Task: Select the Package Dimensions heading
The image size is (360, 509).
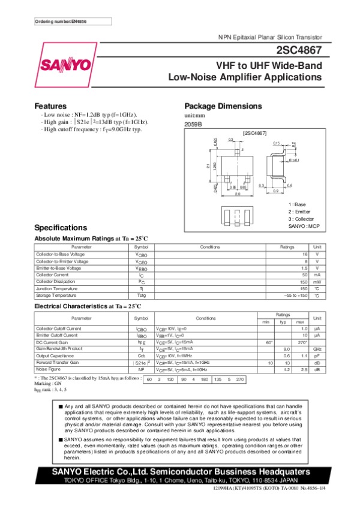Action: coord(223,106)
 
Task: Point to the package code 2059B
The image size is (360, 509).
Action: coord(193,124)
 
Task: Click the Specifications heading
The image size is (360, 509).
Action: coord(61,228)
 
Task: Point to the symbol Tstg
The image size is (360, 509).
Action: coord(141,296)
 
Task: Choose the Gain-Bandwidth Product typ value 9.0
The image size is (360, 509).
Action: coord(286,349)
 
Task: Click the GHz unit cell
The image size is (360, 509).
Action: coord(317,349)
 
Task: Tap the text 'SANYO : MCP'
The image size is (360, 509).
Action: coord(305,225)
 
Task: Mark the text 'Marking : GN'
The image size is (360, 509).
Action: coord(50,384)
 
